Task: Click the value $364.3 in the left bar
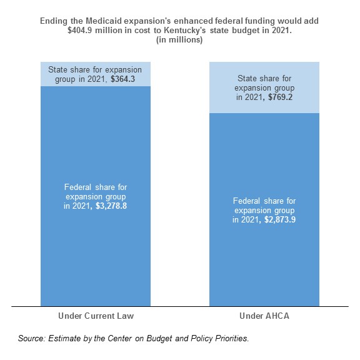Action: tap(123, 79)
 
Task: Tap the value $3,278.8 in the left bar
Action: tap(111, 206)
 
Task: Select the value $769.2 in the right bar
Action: tap(281, 97)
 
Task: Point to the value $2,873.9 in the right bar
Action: tap(280, 220)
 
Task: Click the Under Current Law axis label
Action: tap(96, 316)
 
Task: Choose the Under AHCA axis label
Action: tap(264, 316)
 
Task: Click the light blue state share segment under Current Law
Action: tap(96, 74)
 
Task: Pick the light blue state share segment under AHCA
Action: tap(264, 87)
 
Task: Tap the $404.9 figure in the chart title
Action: tap(80, 30)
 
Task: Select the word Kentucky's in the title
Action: tap(184, 30)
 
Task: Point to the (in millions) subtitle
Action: tap(179, 40)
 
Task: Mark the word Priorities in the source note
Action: tap(232, 338)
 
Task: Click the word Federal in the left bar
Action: tap(78, 187)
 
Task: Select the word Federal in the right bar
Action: tap(247, 201)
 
